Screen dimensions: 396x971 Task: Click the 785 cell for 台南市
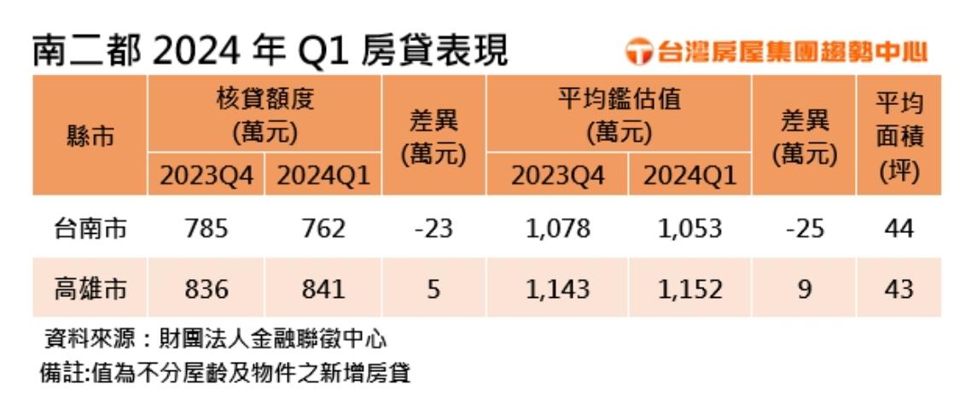pos(206,229)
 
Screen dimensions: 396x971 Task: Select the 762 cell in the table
pos(323,229)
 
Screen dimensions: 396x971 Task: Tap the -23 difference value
pos(433,229)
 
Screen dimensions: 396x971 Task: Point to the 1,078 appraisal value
pos(558,229)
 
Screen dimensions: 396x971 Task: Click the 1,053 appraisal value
pos(690,229)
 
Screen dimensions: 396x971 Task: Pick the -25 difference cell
pos(804,229)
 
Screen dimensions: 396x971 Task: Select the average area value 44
pos(898,229)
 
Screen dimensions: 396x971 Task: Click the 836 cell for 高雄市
pos(206,289)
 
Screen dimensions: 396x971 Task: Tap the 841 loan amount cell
pos(323,289)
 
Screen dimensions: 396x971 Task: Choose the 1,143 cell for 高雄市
pos(558,289)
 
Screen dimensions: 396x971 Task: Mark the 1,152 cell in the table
pos(690,289)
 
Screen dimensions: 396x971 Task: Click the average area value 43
pos(898,289)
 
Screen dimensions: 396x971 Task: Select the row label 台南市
pos(90,229)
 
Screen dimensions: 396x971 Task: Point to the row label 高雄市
pos(90,289)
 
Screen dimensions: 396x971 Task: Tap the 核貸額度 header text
pos(265,100)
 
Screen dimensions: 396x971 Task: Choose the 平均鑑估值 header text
pos(619,100)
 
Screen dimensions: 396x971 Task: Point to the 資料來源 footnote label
pos(86,341)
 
